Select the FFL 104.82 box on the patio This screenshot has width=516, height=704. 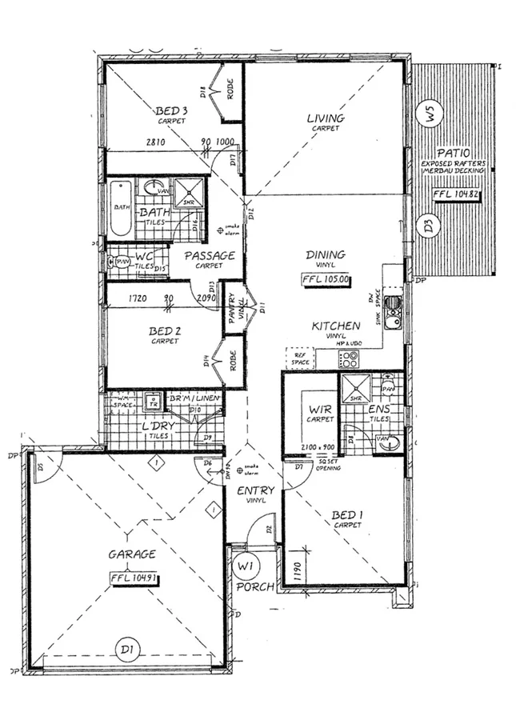point(455,194)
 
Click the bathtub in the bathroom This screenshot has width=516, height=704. point(121,207)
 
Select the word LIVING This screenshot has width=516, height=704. point(326,118)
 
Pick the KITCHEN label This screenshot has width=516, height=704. point(336,326)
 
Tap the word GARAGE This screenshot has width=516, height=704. point(132,554)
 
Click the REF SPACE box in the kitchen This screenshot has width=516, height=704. point(299,358)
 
